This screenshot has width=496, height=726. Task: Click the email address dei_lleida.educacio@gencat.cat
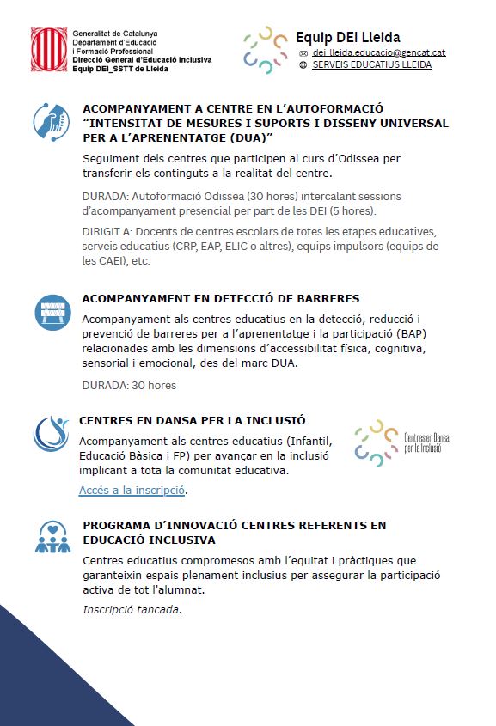[378, 53]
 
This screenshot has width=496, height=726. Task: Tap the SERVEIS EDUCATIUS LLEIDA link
[372, 64]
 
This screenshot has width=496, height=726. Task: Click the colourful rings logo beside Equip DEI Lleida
[265, 50]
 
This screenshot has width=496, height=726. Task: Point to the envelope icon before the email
[303, 53]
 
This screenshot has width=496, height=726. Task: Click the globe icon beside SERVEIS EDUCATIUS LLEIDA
[303, 64]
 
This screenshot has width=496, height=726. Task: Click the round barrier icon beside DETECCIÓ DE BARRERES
[52, 312]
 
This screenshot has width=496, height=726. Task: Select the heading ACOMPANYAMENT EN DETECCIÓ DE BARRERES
[220, 299]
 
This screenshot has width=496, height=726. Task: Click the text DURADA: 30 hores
[129, 385]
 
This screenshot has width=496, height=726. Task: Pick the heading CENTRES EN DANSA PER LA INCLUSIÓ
[192, 421]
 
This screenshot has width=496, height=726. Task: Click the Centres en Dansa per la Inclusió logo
[401, 443]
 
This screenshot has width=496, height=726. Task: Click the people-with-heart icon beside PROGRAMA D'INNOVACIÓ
[52, 537]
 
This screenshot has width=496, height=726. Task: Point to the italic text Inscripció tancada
[132, 610]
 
